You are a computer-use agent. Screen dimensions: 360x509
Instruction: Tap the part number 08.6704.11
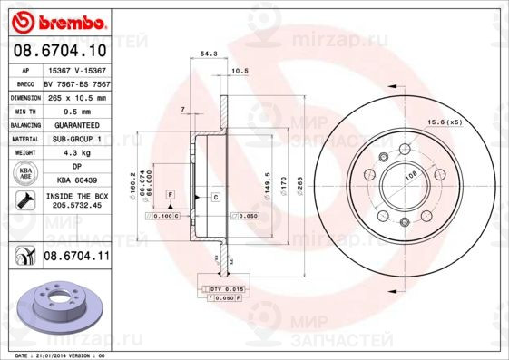point(76,257)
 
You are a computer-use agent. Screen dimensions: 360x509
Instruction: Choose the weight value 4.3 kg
point(76,153)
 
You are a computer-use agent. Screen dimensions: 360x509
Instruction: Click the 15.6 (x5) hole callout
point(445,122)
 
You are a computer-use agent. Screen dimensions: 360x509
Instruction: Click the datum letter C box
point(217,196)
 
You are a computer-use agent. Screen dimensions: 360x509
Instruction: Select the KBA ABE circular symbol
point(24,174)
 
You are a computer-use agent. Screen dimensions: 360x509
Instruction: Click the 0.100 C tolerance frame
point(165,217)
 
